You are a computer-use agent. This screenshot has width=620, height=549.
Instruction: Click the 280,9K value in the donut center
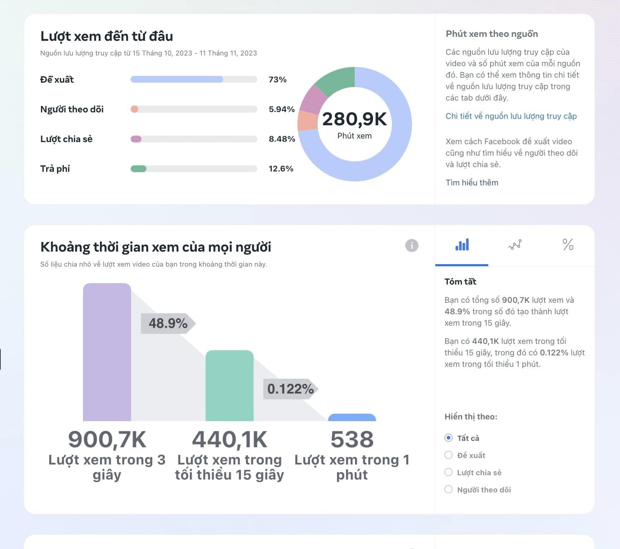point(354,119)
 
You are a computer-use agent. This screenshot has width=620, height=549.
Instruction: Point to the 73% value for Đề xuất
point(277,79)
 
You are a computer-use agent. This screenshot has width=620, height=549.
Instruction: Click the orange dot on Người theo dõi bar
point(135,109)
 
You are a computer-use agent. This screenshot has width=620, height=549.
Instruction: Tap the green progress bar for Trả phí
point(139,169)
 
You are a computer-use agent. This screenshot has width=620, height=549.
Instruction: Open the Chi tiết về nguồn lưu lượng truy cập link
point(511,116)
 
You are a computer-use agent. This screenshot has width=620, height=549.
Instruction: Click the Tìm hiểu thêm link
point(472,183)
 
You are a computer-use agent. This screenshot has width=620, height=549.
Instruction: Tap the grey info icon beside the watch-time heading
point(412,246)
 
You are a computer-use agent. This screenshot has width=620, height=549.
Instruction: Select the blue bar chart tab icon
point(462,245)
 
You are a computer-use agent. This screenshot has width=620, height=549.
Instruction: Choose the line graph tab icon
point(515,245)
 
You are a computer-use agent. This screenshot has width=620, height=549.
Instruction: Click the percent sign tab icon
point(568,245)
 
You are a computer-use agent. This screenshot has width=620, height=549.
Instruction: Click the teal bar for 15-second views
point(229,385)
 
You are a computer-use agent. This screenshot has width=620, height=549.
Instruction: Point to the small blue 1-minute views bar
point(352,417)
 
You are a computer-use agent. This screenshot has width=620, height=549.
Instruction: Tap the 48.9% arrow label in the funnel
point(168,324)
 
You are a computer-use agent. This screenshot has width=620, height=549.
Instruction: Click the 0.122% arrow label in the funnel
point(290,389)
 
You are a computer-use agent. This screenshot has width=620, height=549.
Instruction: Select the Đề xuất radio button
point(449,455)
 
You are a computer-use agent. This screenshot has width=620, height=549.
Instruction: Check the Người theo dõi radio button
point(449,489)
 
